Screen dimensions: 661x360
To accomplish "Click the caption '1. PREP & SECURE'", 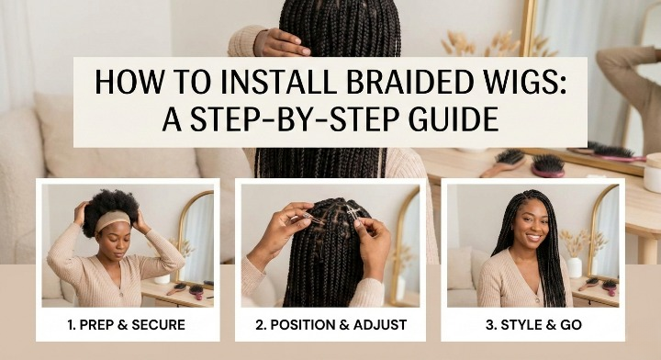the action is pos(126,325).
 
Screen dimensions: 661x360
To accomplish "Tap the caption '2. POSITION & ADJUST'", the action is pos(330,325).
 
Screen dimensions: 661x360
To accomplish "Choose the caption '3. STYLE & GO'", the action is pos(533,325).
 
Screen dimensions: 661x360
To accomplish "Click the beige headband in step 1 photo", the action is pos(112,219).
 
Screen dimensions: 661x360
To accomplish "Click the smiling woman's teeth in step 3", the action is pos(533,237).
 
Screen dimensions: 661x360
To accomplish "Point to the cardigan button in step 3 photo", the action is pos(537,300).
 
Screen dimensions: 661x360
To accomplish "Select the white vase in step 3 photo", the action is pos(574,267).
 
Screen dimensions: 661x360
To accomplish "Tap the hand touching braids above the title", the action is pos(283,42).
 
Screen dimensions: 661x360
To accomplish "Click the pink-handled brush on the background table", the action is pos(548,165).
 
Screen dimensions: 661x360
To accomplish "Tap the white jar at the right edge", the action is pos(652,173).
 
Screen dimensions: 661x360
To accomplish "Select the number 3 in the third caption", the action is pos(489,325).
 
